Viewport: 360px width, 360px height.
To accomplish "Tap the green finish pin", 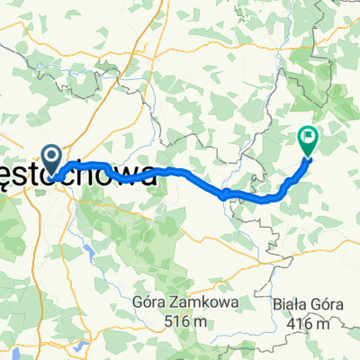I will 308,139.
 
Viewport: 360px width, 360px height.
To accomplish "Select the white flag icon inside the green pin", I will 308,138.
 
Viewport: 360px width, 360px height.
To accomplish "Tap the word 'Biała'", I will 288,306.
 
